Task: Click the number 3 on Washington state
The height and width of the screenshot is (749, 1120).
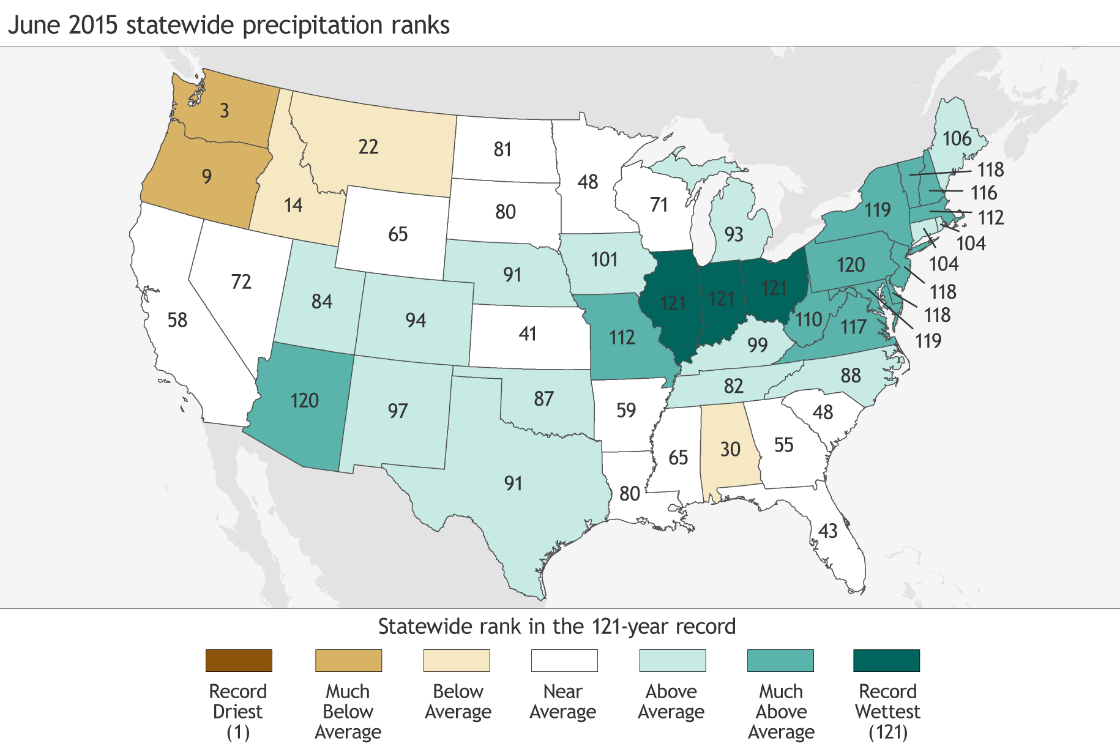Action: tap(225, 111)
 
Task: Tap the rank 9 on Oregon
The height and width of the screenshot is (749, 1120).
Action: tap(207, 177)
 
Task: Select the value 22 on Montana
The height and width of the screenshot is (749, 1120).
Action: tap(368, 147)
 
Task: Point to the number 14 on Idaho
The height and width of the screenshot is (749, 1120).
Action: tap(293, 204)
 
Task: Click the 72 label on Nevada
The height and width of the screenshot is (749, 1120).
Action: tap(241, 281)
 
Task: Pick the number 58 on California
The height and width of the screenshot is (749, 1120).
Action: tap(177, 320)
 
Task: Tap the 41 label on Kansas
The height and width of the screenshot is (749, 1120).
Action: tap(528, 334)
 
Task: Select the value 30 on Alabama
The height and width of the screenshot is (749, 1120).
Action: tap(730, 450)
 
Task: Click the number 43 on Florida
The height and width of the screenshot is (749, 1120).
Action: tap(827, 531)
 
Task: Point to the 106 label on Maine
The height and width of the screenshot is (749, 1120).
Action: tap(957, 139)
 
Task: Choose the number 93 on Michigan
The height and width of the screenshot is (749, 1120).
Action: tap(734, 234)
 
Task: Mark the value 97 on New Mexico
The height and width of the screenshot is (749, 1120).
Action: tap(398, 411)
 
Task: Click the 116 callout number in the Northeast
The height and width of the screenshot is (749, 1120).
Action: tap(984, 193)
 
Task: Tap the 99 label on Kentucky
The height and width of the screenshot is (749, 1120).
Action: tap(758, 345)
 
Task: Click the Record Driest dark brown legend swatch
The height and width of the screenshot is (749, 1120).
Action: tap(239, 661)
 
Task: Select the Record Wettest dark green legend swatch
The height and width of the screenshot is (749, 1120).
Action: tap(886, 661)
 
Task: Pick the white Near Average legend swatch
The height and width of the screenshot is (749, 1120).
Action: tap(564, 661)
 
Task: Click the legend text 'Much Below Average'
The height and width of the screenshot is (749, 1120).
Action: tap(348, 712)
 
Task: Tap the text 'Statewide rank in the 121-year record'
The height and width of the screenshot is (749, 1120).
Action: tap(556, 627)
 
